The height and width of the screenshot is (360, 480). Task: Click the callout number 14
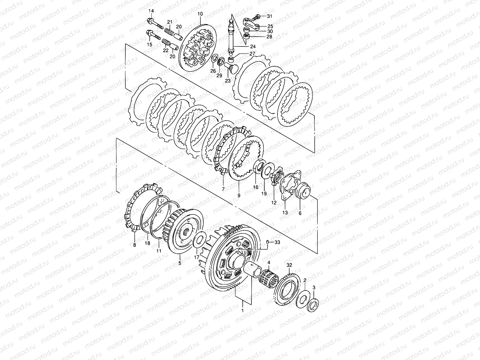(x=151, y=11)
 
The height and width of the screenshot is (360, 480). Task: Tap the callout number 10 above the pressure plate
(x=200, y=14)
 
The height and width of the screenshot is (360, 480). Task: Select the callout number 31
(x=269, y=16)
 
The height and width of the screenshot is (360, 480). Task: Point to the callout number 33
(x=277, y=242)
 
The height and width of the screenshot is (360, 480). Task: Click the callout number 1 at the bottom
(x=242, y=310)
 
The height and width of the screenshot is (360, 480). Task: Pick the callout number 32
(x=289, y=265)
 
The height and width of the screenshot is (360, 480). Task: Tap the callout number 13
(x=285, y=212)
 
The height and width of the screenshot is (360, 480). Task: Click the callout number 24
(x=253, y=46)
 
